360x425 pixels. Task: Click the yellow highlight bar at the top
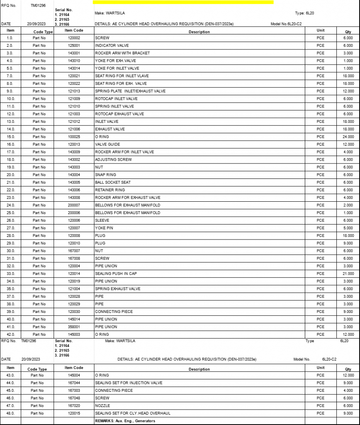183,2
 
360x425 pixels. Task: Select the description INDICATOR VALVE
112,45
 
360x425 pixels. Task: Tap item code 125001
74,45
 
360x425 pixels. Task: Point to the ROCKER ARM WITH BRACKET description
122,53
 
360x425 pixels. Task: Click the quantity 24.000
348,137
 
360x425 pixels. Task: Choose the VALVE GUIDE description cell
107,144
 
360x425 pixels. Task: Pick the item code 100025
74,137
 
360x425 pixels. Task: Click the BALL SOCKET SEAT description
113,182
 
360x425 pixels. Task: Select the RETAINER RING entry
109,190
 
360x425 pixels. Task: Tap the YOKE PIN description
104,228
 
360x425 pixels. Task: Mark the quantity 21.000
348,274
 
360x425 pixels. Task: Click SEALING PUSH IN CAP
116,274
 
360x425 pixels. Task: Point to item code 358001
74,327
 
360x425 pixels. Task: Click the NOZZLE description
102,405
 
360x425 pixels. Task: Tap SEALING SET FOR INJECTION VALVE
129,383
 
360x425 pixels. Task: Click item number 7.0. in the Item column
10,76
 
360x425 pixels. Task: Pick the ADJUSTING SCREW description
113,159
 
